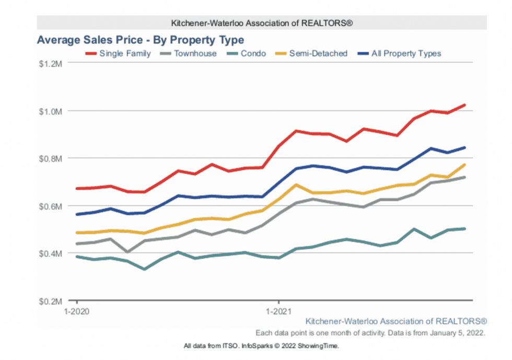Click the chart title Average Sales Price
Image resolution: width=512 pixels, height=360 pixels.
[140, 40]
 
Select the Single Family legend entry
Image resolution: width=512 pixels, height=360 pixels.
[125, 53]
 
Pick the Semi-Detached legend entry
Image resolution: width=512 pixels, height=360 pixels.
[318, 53]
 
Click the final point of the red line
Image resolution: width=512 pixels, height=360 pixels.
[464, 105]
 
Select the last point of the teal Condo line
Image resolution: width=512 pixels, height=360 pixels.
[464, 228]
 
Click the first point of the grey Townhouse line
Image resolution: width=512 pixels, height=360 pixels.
[77, 243]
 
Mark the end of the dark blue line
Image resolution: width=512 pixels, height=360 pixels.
[464, 147]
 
